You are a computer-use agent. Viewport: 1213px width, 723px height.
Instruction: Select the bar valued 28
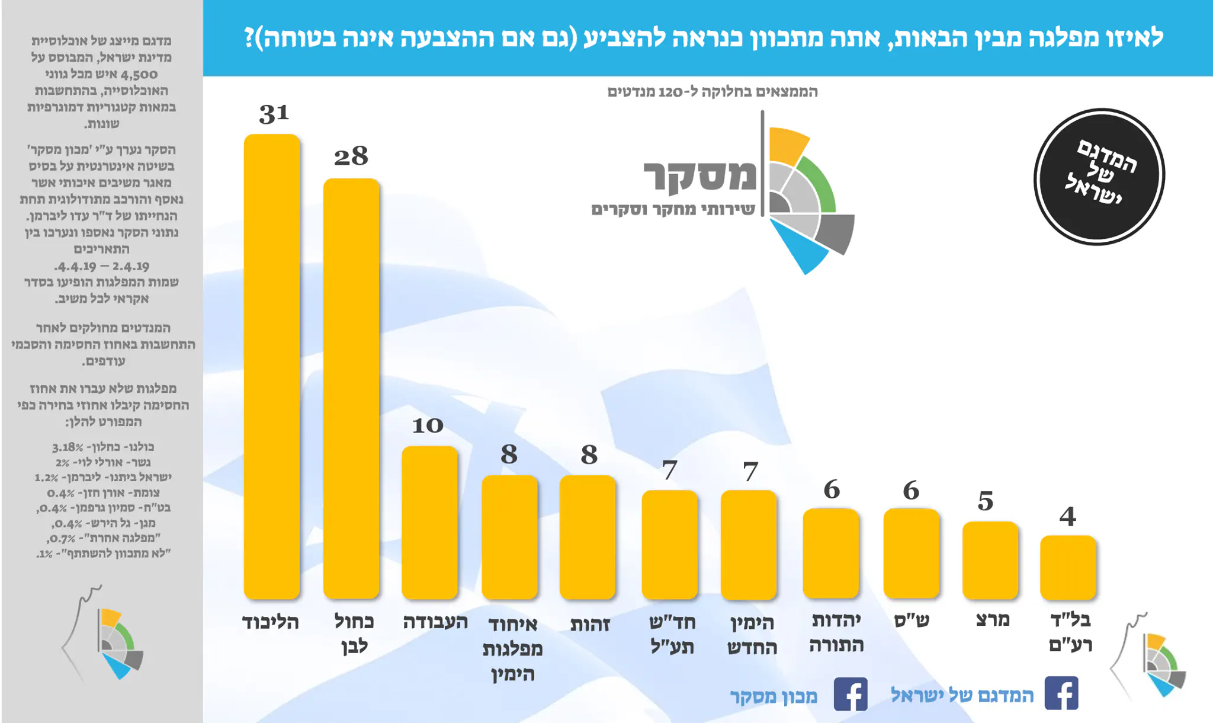pos(351,388)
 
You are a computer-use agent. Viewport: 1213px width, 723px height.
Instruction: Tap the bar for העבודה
pos(429,522)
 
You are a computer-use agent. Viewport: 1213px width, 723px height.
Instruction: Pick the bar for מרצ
pos(990,560)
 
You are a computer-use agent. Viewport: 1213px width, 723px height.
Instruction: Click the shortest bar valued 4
pos(1068,567)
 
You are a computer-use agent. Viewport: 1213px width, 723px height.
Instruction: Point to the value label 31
pos(274,113)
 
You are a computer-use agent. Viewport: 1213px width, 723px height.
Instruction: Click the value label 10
pos(428,425)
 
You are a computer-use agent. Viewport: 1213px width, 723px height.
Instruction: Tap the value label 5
pos(986,501)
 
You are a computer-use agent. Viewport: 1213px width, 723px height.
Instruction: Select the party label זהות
pos(590,624)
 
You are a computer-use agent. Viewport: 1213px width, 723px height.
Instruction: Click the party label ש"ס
pos(912,620)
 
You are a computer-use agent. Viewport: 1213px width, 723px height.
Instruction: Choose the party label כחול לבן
pos(354,634)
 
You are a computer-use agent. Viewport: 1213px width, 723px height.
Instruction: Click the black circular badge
pos(1099,177)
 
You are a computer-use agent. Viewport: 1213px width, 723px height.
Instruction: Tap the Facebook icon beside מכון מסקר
pos(851,694)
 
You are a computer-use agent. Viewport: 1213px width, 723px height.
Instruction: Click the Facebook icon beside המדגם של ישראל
pos(1061,693)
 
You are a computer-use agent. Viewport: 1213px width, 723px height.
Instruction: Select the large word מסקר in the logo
pos(700,176)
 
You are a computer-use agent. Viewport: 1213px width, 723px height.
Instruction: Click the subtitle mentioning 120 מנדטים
pos(713,92)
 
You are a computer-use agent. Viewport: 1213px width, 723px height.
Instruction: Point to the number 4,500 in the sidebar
pos(139,75)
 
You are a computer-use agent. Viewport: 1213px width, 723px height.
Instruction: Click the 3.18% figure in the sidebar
pos(68,447)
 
